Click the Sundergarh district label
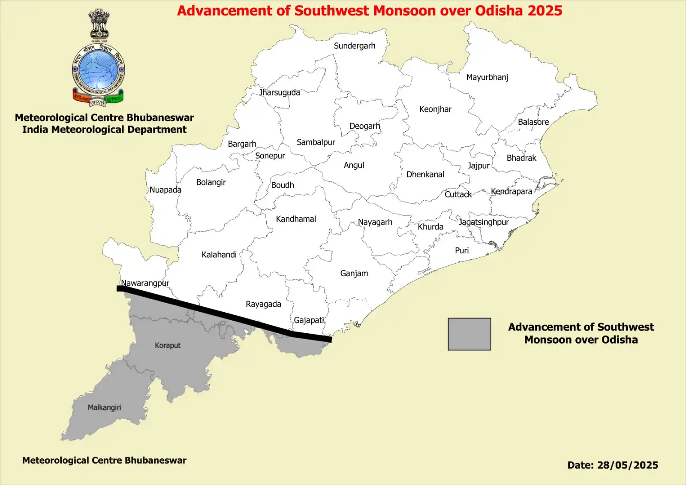tap(355, 46)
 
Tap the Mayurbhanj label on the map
tap(487, 77)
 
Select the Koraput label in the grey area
tap(168, 345)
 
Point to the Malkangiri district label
tap(104, 407)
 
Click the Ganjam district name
tap(354, 273)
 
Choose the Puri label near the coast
tap(462, 250)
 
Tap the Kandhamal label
tap(296, 219)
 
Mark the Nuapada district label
tap(165, 190)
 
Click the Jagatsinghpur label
tap(484, 222)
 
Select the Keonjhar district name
tap(435, 109)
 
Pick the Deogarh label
tap(364, 126)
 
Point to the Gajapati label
tap(309, 320)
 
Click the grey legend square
tap(469, 334)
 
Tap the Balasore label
tap(533, 122)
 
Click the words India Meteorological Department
tap(104, 130)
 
